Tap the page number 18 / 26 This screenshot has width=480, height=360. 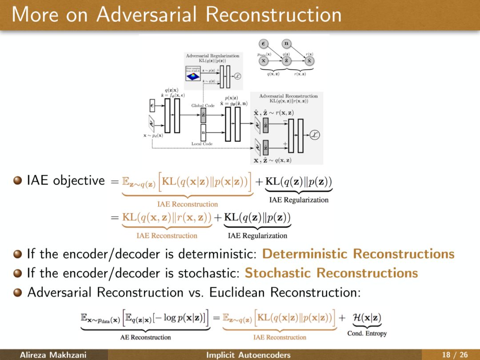[x=454, y=355]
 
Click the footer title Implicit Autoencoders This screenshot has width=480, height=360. [x=248, y=355]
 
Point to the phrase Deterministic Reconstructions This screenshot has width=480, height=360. [x=358, y=254]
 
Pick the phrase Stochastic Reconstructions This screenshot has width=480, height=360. [x=331, y=273]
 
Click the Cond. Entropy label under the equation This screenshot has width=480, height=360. [x=367, y=333]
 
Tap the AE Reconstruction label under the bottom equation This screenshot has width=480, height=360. [x=145, y=337]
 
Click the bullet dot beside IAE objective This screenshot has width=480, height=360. [x=17, y=181]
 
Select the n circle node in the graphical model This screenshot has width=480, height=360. [x=287, y=44]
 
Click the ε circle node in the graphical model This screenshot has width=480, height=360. [x=264, y=44]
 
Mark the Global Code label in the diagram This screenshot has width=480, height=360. [x=203, y=106]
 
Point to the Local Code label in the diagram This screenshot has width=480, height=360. [x=202, y=144]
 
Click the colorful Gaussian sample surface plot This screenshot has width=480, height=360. [x=193, y=76]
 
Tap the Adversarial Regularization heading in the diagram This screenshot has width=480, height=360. [x=212, y=56]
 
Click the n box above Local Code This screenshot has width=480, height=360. [x=203, y=132]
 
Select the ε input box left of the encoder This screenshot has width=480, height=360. [x=152, y=106]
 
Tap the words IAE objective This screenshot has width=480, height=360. [x=66, y=181]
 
